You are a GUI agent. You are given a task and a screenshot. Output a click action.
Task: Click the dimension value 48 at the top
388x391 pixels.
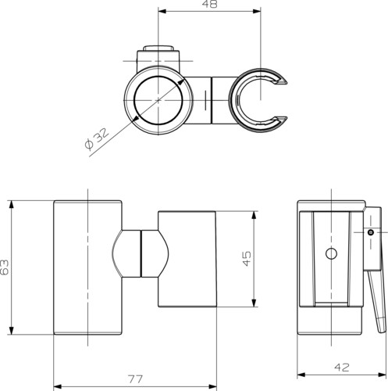point(209,4)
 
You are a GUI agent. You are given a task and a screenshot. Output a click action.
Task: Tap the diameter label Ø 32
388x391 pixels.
point(96,139)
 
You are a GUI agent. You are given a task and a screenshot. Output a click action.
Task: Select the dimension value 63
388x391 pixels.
point(5,267)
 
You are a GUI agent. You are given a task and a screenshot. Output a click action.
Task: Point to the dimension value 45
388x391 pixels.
point(247,258)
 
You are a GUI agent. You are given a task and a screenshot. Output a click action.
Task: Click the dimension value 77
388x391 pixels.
point(136,379)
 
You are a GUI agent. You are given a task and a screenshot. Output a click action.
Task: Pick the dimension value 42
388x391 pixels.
point(342,368)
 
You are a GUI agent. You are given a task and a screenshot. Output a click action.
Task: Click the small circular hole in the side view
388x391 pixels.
point(331,253)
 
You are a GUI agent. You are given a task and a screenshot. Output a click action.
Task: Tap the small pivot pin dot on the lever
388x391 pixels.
point(371,232)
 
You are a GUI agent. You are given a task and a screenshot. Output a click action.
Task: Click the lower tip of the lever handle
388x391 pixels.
point(383,331)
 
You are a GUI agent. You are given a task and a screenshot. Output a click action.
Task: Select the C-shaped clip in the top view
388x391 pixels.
point(233,101)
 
